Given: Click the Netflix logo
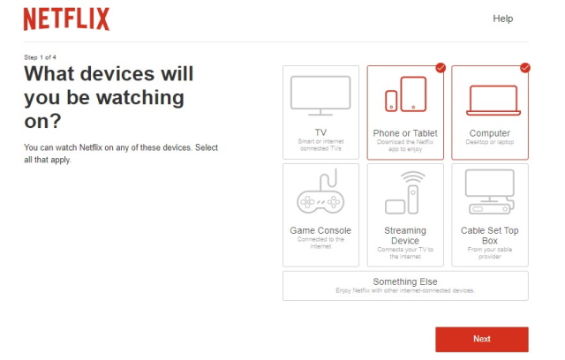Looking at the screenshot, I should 66,19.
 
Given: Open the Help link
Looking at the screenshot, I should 502,19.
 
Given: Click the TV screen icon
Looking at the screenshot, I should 320,96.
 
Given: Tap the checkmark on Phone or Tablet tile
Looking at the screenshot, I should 441,67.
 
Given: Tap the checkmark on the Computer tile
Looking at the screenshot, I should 524,67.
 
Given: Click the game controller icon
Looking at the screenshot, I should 320,195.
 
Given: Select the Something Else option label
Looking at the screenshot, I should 405,281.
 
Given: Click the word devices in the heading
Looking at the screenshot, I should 118,73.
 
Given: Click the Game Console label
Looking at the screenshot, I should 320,230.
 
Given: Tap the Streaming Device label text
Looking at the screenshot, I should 405,236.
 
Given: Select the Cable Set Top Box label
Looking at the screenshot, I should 490,236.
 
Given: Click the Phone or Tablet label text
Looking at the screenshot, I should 405,133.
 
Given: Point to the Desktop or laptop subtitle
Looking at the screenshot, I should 490,142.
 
